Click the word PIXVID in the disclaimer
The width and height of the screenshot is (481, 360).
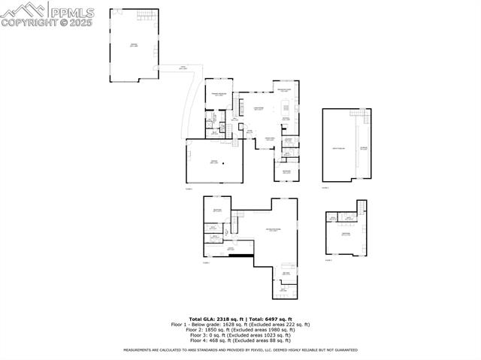(x=274, y=350)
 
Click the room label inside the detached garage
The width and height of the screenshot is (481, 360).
(x=134, y=46)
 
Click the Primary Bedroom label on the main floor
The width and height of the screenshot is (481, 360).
(x=219, y=95)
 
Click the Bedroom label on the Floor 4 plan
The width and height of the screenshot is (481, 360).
(x=346, y=234)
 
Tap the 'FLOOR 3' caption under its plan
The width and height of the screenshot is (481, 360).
(x=325, y=188)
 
